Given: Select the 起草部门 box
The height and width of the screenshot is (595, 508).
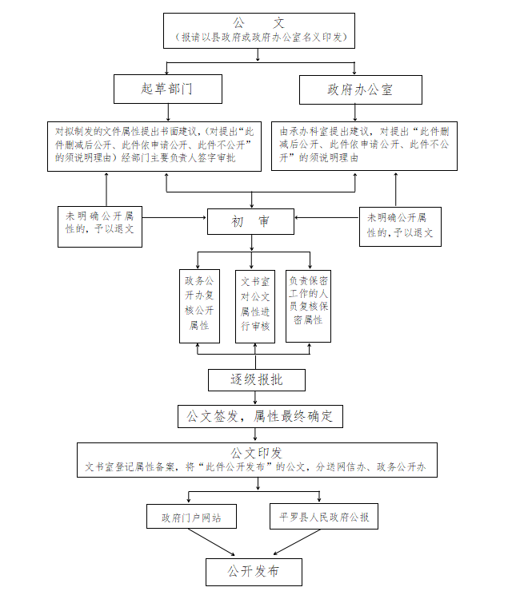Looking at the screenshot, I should pyautogui.click(x=166, y=89).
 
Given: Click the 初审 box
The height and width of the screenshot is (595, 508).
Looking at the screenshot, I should pyautogui.click(x=250, y=221).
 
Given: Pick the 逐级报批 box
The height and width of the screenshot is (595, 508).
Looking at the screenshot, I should pyautogui.click(x=256, y=379).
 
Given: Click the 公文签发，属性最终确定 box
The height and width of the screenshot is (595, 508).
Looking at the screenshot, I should pyautogui.click(x=259, y=416).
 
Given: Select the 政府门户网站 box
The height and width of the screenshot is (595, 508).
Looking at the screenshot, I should pyautogui.click(x=193, y=517).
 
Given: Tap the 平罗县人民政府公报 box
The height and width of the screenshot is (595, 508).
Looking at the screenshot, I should pyautogui.click(x=320, y=517).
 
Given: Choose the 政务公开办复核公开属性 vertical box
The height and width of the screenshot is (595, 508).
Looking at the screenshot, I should pyautogui.click(x=199, y=305).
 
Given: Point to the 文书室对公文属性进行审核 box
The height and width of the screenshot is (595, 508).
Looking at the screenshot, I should pyautogui.click(x=254, y=305).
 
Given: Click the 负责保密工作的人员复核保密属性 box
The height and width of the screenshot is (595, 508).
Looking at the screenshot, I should pyautogui.click(x=308, y=305).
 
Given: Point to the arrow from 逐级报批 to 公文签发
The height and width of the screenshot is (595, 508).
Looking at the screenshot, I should pyautogui.click(x=256, y=397).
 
